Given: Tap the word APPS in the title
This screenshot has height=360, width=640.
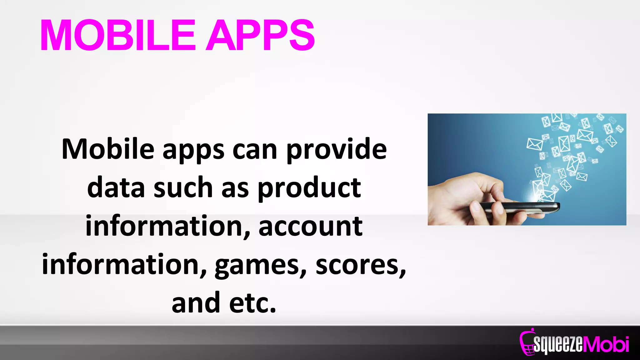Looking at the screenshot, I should [x=260, y=35].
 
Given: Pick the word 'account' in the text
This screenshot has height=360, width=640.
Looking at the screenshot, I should [x=310, y=226].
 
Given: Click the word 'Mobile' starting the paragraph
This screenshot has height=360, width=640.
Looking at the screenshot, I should [x=108, y=149].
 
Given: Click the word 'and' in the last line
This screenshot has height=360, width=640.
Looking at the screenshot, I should [x=196, y=303].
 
